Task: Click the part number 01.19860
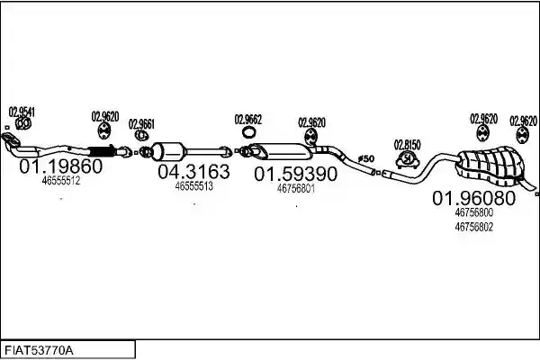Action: tap(61, 166)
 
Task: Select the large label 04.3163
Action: tap(193, 172)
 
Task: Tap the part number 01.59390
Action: tap(295, 174)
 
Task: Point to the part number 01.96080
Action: tap(474, 198)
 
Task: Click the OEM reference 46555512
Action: tap(61, 180)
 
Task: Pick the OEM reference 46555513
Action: tap(193, 186)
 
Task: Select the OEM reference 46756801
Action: tap(296, 188)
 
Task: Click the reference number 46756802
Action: tap(474, 227)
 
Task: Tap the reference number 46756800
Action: tap(474, 212)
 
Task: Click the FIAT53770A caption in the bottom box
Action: tap(39, 351)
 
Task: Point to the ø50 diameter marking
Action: tap(366, 158)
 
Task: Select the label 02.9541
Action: tap(22, 112)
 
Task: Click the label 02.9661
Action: tap(141, 124)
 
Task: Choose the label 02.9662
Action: tap(248, 120)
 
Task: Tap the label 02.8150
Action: tap(408, 145)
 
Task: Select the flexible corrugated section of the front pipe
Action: tap(100, 151)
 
